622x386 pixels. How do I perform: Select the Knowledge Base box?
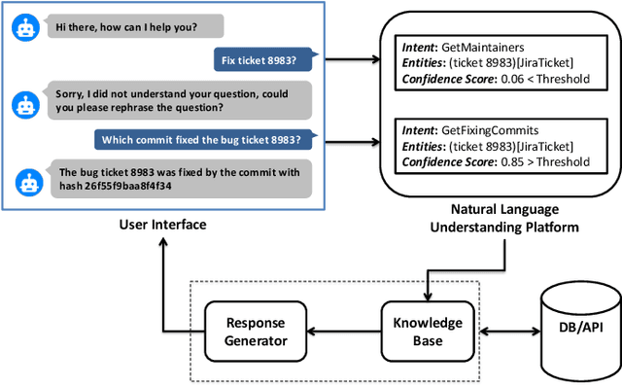pyautogui.click(x=421, y=332)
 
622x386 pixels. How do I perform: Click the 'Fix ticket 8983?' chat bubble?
pyautogui.click(x=264, y=60)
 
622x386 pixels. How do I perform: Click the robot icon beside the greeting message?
pyautogui.click(x=26, y=28)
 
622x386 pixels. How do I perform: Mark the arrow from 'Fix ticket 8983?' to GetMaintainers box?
pyautogui.click(x=351, y=60)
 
